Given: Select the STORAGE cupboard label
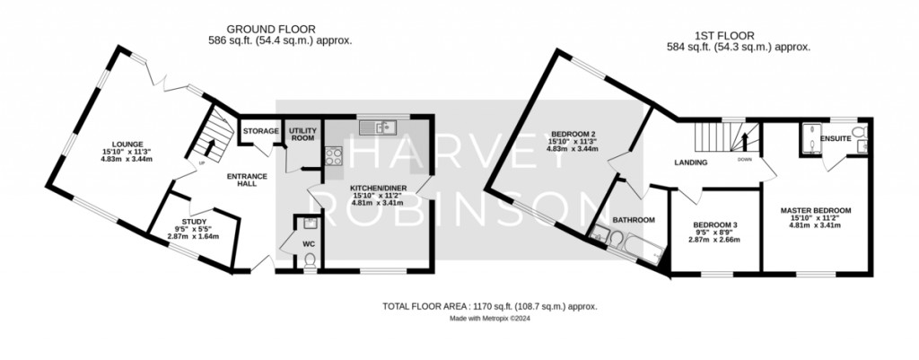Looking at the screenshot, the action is [x=261, y=131].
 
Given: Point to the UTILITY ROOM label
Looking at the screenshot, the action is [x=302, y=134].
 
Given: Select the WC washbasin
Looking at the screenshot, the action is [x=311, y=223].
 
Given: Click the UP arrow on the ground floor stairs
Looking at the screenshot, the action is [x=210, y=147].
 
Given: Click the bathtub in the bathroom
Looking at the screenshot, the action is [x=643, y=248].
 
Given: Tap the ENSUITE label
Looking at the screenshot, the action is [x=836, y=139].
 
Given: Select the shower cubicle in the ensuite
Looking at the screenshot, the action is [x=811, y=138].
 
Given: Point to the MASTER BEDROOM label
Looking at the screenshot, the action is [x=815, y=210].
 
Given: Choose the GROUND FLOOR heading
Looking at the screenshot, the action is [x=271, y=30].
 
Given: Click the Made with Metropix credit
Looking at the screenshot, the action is [x=489, y=319].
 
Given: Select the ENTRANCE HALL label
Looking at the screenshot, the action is [x=248, y=180].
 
